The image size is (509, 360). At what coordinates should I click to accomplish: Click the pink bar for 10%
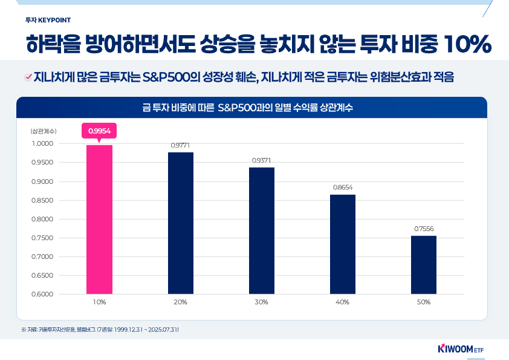click(x=99, y=220)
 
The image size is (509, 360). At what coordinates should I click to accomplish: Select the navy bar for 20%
click(x=181, y=223)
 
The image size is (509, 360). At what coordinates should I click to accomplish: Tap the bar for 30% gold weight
click(x=262, y=231)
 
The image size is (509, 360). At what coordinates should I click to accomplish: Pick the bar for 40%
click(x=343, y=244)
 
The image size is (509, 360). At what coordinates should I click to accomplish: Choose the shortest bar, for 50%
click(x=424, y=265)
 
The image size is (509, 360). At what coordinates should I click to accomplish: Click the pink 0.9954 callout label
click(x=99, y=130)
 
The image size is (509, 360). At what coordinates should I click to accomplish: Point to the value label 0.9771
click(x=181, y=146)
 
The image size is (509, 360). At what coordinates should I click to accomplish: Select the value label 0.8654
click(x=343, y=188)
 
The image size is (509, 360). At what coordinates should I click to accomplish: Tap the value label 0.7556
click(x=424, y=229)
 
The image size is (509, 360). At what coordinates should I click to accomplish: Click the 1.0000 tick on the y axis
click(x=42, y=143)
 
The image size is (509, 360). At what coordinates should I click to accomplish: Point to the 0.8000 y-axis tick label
click(x=42, y=219)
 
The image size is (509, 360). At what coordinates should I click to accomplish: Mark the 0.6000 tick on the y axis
click(x=42, y=294)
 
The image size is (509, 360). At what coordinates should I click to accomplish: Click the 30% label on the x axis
click(x=262, y=302)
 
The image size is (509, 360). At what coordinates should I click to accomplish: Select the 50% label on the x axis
click(x=424, y=302)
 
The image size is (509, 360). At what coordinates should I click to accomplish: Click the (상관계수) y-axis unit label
click(x=43, y=131)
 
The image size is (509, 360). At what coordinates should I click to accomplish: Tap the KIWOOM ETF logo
click(x=460, y=349)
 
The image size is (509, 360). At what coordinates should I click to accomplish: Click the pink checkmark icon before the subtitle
click(x=28, y=77)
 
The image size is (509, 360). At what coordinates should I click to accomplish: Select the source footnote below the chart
click(x=100, y=329)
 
